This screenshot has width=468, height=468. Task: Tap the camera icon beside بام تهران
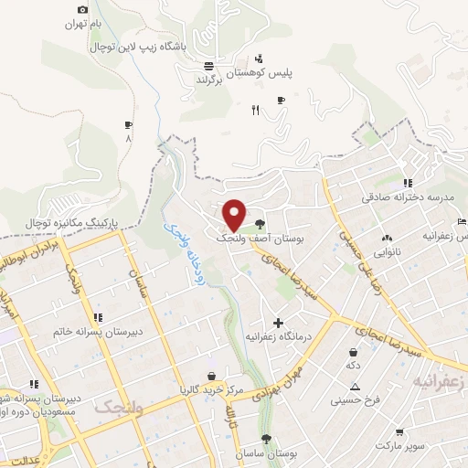coord(84,9)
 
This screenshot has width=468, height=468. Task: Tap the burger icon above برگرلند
coord(208,66)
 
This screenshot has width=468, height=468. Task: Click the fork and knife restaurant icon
coord(256,111)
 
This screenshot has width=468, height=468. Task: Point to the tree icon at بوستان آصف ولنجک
coord(261,222)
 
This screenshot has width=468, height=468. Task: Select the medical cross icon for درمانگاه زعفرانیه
coord(278,323)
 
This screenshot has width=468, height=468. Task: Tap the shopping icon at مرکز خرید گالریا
coord(212,375)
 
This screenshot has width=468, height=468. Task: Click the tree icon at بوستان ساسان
coord(266,439)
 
